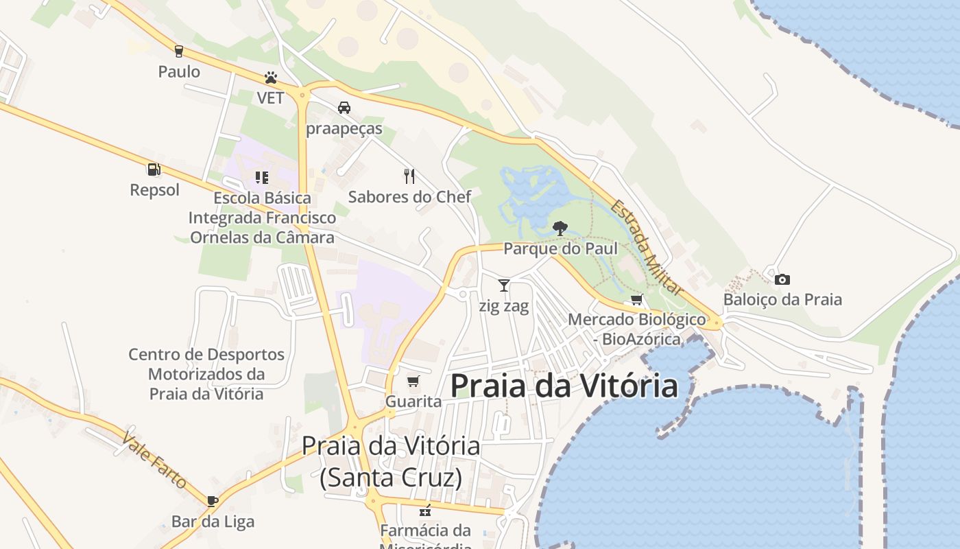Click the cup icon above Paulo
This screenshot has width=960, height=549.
pyautogui.click(x=179, y=51)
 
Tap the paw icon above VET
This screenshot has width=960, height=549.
pyautogui.click(x=271, y=78)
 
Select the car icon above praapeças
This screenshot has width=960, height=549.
pyautogui.click(x=344, y=108)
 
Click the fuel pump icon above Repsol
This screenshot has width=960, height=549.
pyautogui.click(x=154, y=169)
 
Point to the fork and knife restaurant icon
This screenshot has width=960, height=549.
pyautogui.click(x=409, y=176)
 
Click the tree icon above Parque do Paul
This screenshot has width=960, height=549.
pyautogui.click(x=560, y=228)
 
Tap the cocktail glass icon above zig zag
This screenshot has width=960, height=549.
pyautogui.click(x=504, y=285)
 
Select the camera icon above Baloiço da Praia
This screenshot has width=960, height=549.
pyautogui.click(x=782, y=279)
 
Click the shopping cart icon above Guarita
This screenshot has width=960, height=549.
pyautogui.click(x=413, y=381)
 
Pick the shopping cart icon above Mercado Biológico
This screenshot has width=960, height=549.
pyautogui.click(x=637, y=299)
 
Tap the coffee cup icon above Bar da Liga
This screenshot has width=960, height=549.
pyautogui.click(x=213, y=501)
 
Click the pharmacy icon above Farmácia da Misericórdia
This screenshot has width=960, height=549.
pyautogui.click(x=425, y=511)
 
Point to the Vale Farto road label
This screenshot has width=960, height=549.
pyautogui.click(x=154, y=460)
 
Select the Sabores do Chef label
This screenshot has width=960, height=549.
pyautogui.click(x=409, y=197)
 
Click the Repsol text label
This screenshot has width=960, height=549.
pyautogui.click(x=154, y=190)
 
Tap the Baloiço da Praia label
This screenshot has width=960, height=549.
pyautogui.click(x=782, y=300)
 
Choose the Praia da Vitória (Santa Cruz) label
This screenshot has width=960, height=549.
pyautogui.click(x=391, y=461)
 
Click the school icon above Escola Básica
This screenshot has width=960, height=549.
pyautogui.click(x=261, y=178)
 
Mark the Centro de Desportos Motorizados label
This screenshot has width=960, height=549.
pyautogui.click(x=206, y=374)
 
